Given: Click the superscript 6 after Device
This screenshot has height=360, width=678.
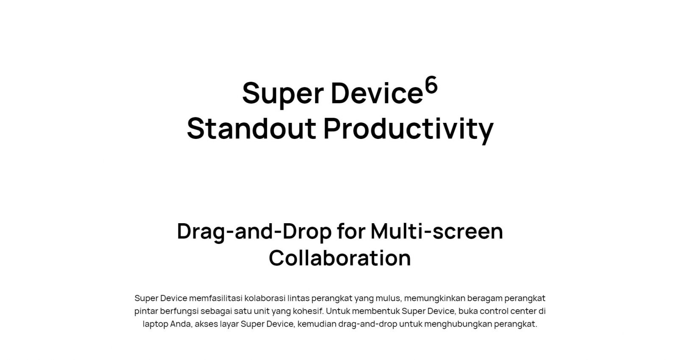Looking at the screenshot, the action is click(431, 85).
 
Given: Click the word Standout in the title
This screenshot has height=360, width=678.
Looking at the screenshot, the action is click(252, 129).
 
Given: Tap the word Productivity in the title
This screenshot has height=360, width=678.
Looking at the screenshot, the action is click(408, 130).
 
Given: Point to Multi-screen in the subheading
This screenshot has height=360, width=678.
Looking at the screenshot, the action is click(437, 231).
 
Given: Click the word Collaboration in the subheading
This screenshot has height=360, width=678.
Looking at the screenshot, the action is click(339, 258).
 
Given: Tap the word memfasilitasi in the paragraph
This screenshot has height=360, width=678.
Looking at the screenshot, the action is click(216, 298).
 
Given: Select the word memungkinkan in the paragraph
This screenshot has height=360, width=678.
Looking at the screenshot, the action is click(434, 298).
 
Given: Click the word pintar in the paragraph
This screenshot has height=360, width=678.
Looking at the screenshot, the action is click(146, 312).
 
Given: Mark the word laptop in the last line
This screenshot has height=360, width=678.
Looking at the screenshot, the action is click(155, 324).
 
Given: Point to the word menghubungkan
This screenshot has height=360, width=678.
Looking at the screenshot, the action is click(458, 324).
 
